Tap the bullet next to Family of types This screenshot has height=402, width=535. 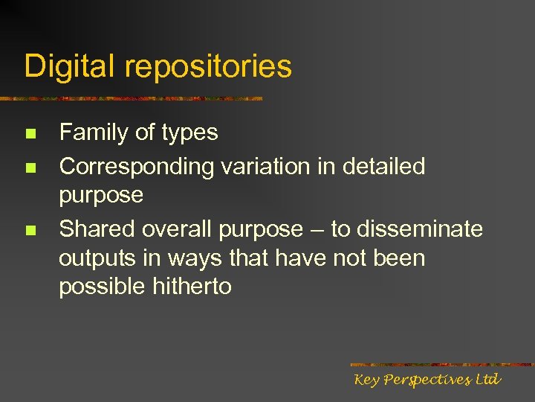30,135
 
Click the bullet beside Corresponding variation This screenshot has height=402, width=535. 30,168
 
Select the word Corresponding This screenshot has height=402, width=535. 137,167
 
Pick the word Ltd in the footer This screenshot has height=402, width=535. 487,380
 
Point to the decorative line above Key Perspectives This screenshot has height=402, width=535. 441,365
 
